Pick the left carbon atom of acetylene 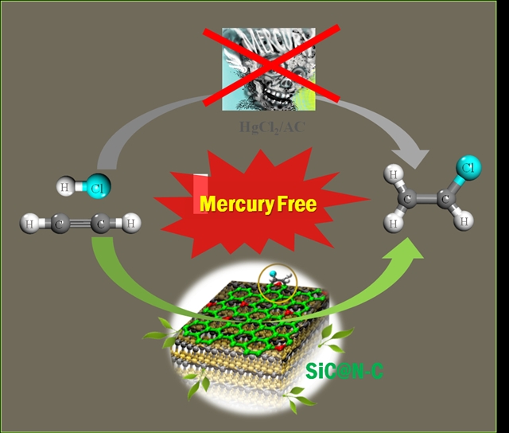(x=60, y=224)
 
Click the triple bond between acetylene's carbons (x=80, y=224)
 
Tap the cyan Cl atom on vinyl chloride (x=466, y=167)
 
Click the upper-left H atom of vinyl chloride (x=393, y=172)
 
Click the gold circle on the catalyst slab (x=275, y=279)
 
